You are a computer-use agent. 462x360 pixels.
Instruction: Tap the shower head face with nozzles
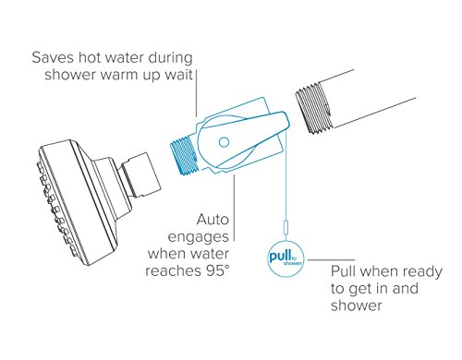48,190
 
